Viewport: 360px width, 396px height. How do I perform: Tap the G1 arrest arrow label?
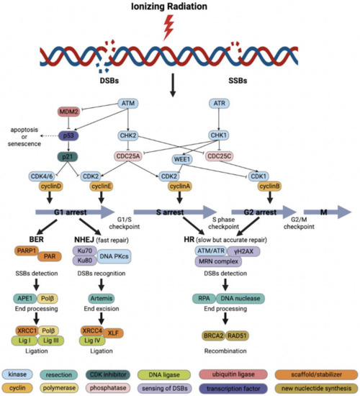tap(70, 212)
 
